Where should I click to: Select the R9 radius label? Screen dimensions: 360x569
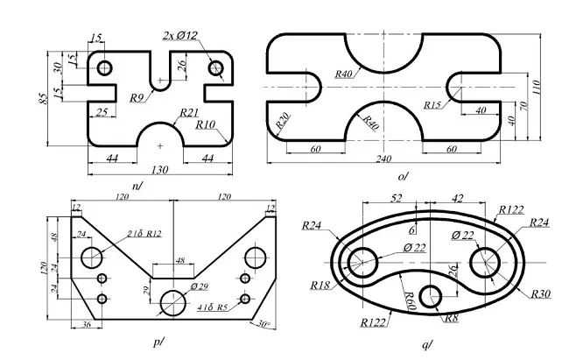click(137, 97)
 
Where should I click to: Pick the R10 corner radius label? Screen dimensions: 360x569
click(206, 125)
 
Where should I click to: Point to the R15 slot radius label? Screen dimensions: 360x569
click(432, 105)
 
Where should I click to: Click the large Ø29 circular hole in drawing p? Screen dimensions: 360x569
click(173, 302)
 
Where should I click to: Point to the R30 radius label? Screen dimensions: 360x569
click(540, 293)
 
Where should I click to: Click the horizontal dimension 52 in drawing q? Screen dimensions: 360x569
click(395, 199)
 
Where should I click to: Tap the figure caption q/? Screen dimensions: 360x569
click(426, 346)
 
